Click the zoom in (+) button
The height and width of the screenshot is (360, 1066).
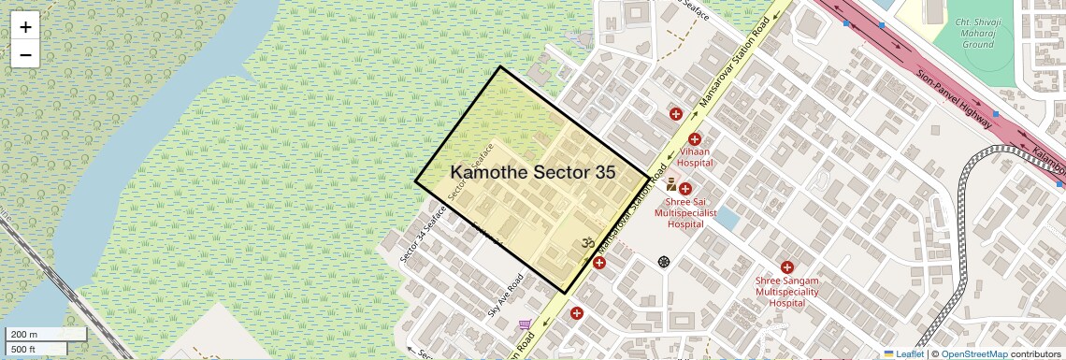click(25, 27)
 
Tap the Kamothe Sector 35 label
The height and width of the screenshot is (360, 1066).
click(533, 173)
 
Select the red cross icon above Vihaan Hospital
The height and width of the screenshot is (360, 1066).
click(695, 139)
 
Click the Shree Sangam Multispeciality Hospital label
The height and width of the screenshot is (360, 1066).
click(786, 291)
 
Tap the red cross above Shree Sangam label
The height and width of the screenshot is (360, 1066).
click(786, 267)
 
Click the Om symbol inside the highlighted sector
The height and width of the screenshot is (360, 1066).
click(589, 243)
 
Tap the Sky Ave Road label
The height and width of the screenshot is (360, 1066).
click(505, 295)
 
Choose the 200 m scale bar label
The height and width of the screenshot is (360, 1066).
click(25, 335)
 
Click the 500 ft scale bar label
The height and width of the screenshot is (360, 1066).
click(25, 349)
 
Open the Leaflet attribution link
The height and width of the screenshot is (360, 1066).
click(904, 354)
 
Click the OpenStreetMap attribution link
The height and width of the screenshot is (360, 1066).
click(974, 354)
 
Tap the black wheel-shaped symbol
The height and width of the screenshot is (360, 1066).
click(665, 261)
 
